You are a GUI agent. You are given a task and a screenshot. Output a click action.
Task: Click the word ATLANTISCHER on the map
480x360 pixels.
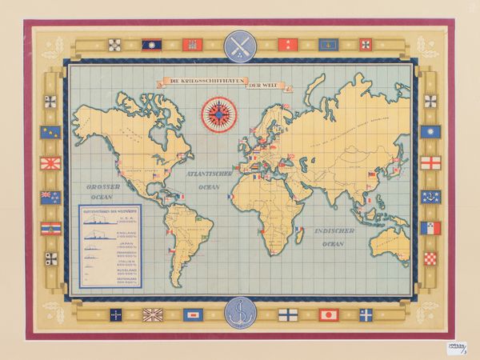click(206, 172)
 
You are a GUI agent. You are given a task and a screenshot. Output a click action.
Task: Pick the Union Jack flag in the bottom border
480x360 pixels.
click(152, 314)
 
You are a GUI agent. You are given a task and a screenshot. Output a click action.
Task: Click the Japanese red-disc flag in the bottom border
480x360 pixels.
click(329, 314)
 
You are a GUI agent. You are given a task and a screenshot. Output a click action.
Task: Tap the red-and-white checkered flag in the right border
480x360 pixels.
click(430, 258)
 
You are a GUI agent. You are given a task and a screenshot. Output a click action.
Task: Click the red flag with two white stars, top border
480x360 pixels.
click(288, 44)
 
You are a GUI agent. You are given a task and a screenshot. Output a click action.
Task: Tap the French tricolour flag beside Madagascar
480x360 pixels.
click(298, 232)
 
